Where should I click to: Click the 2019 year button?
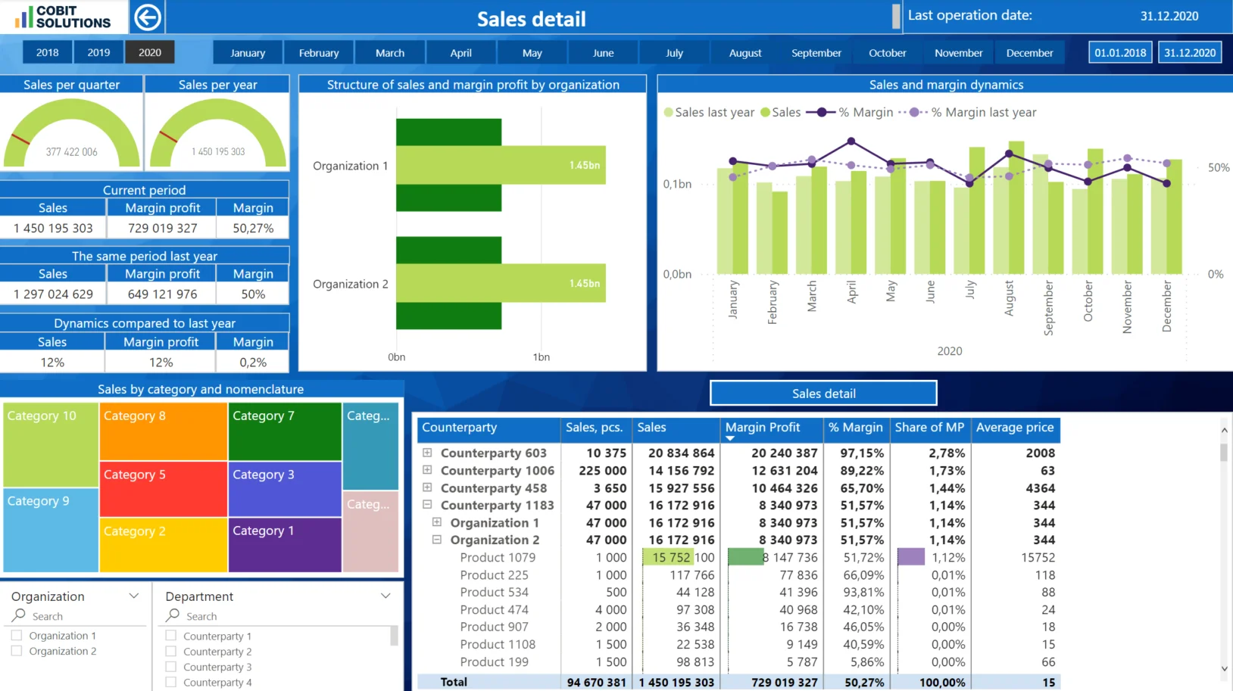(x=98, y=52)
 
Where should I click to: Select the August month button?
(x=745, y=53)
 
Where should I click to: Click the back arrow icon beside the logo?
(x=148, y=17)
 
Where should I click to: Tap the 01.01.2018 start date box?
(x=1120, y=52)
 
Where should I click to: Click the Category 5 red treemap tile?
(x=163, y=489)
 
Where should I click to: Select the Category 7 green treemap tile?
(x=285, y=431)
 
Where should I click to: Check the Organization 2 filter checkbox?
(x=17, y=651)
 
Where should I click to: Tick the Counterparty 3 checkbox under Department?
(x=171, y=667)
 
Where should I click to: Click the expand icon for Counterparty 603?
(x=427, y=453)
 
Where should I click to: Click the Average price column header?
(x=1014, y=428)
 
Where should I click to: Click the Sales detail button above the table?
(x=823, y=394)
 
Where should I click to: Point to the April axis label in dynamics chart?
(x=851, y=292)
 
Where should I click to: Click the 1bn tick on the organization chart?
(x=541, y=357)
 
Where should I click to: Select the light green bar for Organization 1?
(x=500, y=165)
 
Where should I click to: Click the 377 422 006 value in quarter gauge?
(x=71, y=152)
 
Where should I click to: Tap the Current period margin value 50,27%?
(x=253, y=228)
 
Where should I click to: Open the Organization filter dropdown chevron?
(x=134, y=596)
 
